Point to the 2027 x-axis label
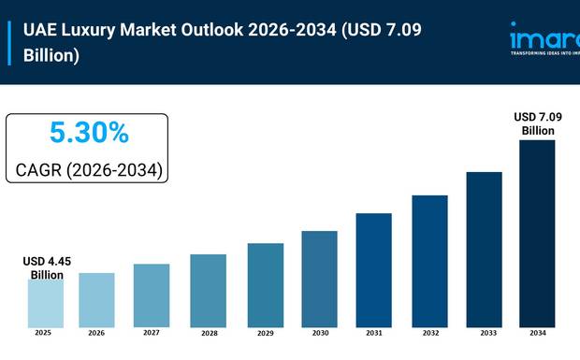point(152,333)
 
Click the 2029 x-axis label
point(264,333)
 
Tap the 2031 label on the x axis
point(374,333)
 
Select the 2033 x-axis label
point(485,333)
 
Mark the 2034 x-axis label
point(538,333)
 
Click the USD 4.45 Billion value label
point(43,267)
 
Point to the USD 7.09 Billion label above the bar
point(538,123)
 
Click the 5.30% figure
point(89,134)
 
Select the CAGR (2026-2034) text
point(89,171)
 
